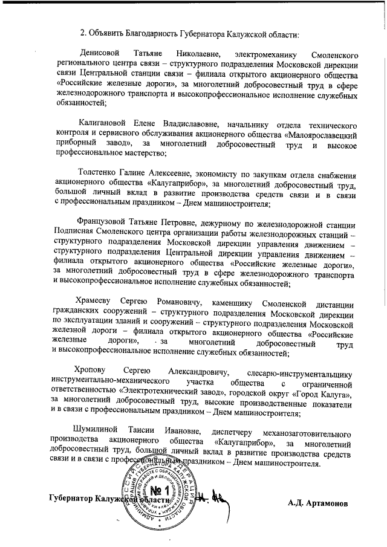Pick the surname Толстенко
[99, 177]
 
